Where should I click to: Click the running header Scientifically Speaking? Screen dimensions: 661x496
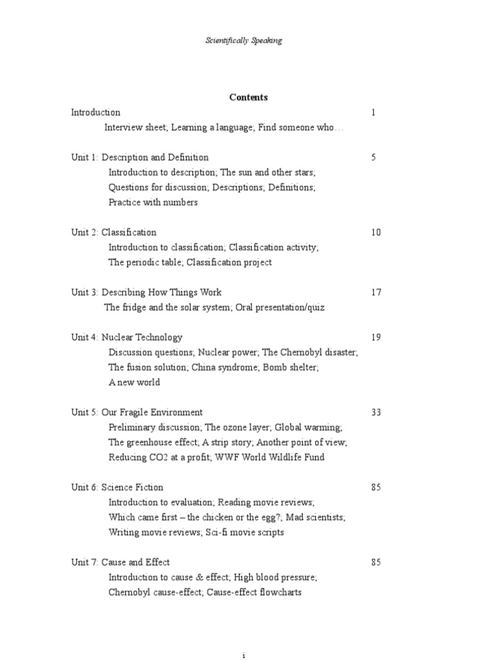point(243,41)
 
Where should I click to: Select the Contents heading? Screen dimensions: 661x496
point(248,97)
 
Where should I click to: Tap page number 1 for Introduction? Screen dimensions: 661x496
point(373,112)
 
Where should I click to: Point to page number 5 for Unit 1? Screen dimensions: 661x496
point(373,158)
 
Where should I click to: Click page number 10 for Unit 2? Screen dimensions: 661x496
point(376,232)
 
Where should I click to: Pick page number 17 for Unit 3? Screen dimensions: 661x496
point(376,292)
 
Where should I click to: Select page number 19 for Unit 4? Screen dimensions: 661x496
point(376,337)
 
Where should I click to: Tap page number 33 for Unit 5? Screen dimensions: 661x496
point(376,412)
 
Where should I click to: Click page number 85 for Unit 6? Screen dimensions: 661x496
point(376,487)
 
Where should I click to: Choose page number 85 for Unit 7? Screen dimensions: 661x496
point(376,562)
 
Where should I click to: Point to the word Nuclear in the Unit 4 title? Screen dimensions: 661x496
point(117,337)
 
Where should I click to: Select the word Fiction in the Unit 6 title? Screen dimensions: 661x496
point(149,487)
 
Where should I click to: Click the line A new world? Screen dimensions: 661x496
point(134,382)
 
